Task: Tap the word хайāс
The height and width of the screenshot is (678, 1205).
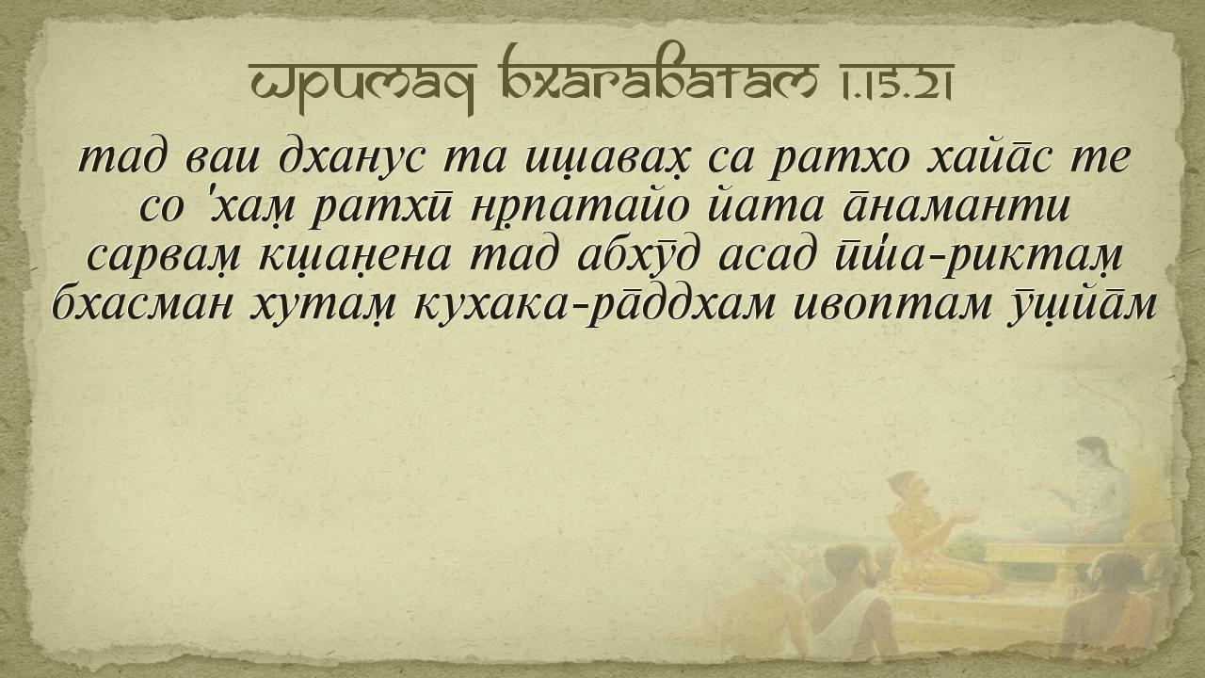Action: (x=988, y=159)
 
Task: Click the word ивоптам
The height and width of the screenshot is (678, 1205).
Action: (x=892, y=308)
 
